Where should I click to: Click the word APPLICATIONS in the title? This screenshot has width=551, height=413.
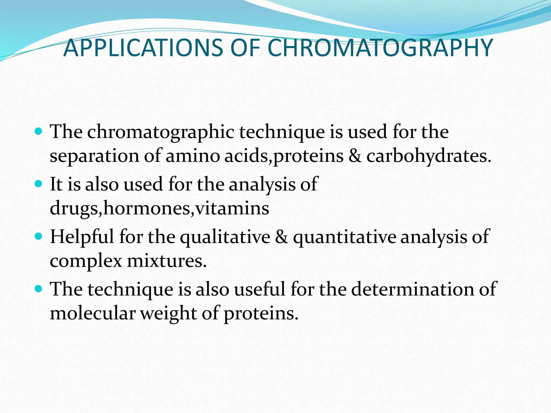coord(143,48)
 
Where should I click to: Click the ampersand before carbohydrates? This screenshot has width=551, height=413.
coord(355,156)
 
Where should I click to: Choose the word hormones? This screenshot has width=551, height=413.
coord(147,208)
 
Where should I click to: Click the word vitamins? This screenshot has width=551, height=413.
coord(232,208)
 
